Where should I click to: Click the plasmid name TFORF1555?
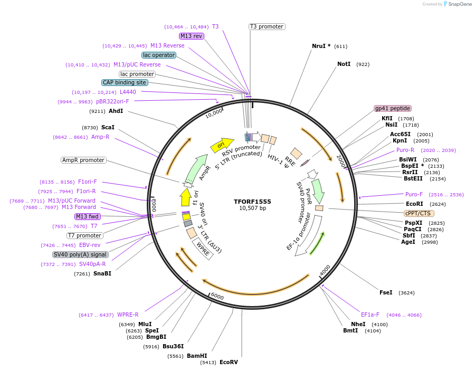pos(252,202)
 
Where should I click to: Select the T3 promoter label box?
pos(267,26)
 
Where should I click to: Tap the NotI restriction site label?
pos(344,64)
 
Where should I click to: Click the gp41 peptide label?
pos(392,108)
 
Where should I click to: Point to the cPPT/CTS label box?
pos(418,213)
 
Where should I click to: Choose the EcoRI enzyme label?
pos(414,204)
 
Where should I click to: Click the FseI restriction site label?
pos(386,292)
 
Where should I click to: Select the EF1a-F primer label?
pos(370,315)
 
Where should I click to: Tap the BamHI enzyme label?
pos(196,356)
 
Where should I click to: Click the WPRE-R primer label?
pos(128,315)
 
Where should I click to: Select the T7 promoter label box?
pos(84,235)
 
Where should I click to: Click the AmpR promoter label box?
pos(83,160)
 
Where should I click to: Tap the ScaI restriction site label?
pos(108,127)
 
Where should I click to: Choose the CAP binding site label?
pos(125,82)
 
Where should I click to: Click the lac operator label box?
pos(158,55)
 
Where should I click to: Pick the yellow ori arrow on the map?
pos(222,145)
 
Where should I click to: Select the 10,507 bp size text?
pos(252,208)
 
